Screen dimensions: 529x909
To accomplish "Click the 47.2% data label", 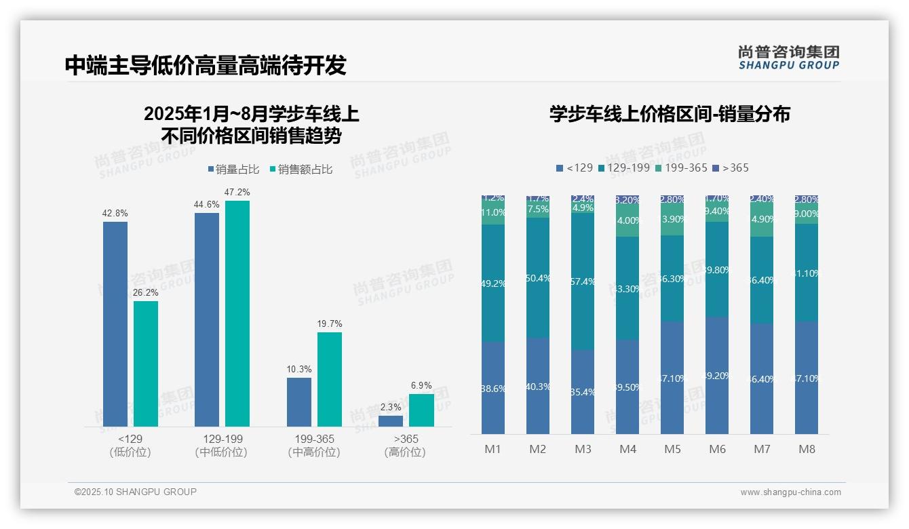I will (237, 193).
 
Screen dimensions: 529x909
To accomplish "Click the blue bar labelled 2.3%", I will (391, 420).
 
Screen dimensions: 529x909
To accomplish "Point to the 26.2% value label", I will (145, 293).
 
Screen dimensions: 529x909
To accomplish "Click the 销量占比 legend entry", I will (233, 170).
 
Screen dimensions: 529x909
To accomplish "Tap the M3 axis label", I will (583, 449).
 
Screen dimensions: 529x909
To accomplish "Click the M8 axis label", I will (807, 449).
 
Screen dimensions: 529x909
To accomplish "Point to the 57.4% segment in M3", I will (583, 281).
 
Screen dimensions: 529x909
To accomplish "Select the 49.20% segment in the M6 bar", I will (717, 375).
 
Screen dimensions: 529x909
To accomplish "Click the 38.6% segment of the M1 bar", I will (493, 388).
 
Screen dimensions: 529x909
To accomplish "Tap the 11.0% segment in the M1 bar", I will (493, 212).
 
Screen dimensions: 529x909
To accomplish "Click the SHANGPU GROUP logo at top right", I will (788, 58).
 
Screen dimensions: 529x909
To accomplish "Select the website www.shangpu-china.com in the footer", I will (790, 492).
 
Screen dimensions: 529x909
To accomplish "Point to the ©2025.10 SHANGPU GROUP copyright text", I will (136, 492).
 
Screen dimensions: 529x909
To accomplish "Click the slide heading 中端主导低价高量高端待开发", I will (206, 65).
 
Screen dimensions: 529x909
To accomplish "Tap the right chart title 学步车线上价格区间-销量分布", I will (670, 114).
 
